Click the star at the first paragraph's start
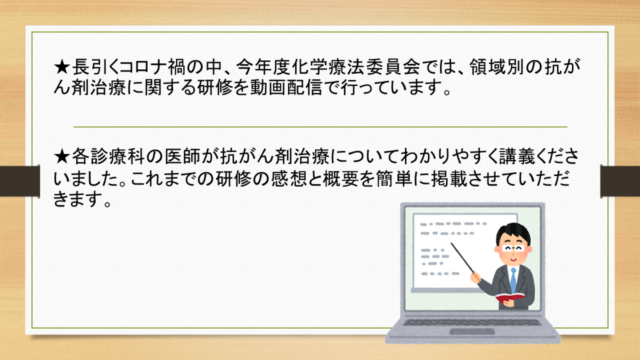[62, 67]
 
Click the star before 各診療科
[62, 157]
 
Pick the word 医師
[182, 156]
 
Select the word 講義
[517, 156]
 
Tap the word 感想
[289, 179]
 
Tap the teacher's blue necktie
[513, 281]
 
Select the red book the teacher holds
[510, 298]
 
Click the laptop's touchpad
[472, 331]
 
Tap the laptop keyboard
[472, 322]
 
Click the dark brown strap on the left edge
[20, 181]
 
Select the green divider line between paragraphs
[321, 126]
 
